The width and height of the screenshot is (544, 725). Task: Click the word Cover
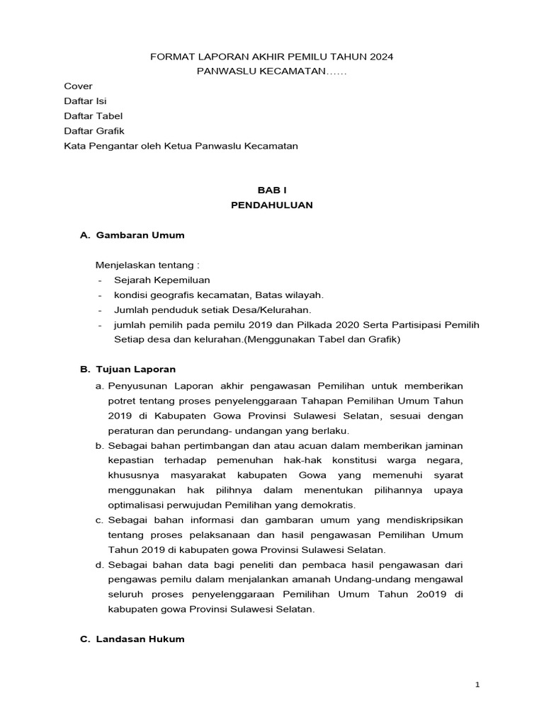(78, 86)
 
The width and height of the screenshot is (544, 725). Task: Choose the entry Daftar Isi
(86, 101)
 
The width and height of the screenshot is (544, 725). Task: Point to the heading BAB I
(272, 190)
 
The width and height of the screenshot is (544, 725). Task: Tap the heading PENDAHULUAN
(272, 205)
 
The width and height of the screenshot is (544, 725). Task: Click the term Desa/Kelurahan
(276, 310)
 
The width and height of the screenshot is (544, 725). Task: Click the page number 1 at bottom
(477, 685)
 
